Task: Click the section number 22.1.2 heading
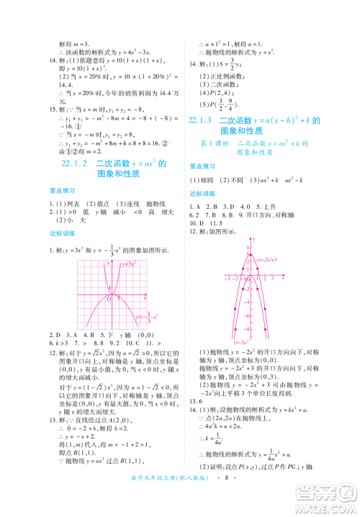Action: pos(73,163)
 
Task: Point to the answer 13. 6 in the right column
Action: pos(195,422)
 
